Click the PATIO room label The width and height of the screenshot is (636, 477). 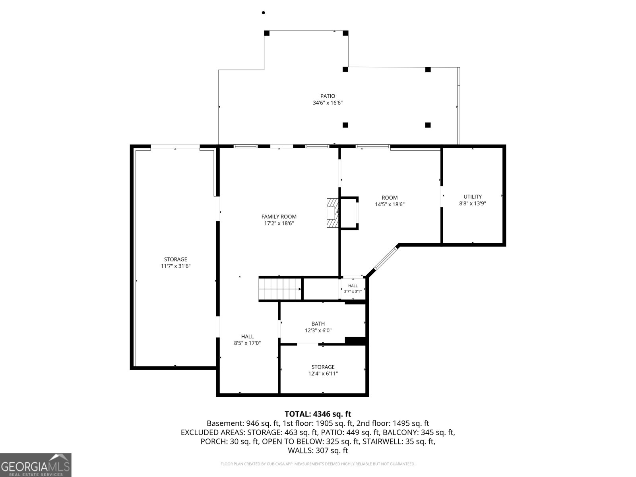pos(328,96)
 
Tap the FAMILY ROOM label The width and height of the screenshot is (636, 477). pos(279,216)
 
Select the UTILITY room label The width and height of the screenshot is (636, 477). pos(472,197)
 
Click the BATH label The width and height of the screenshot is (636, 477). pos(318,324)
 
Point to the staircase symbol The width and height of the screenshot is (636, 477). pos(280,289)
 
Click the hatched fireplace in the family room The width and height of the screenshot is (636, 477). pos(333,213)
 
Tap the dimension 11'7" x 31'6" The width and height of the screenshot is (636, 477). pos(176,266)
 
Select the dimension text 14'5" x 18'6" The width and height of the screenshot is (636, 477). pos(390,204)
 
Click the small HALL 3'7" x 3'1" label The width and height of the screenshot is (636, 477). pos(353,289)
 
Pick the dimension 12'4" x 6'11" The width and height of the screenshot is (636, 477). pos(323,374)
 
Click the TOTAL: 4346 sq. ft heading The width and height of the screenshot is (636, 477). pos(318,414)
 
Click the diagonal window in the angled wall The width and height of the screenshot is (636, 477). pos(385,258)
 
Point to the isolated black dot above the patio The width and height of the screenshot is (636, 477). pos(264,12)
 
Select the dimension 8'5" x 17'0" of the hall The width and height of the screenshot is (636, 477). pos(248,343)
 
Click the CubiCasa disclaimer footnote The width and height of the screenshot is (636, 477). pos(318,464)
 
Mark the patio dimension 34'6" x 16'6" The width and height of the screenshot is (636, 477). pos(328,103)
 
